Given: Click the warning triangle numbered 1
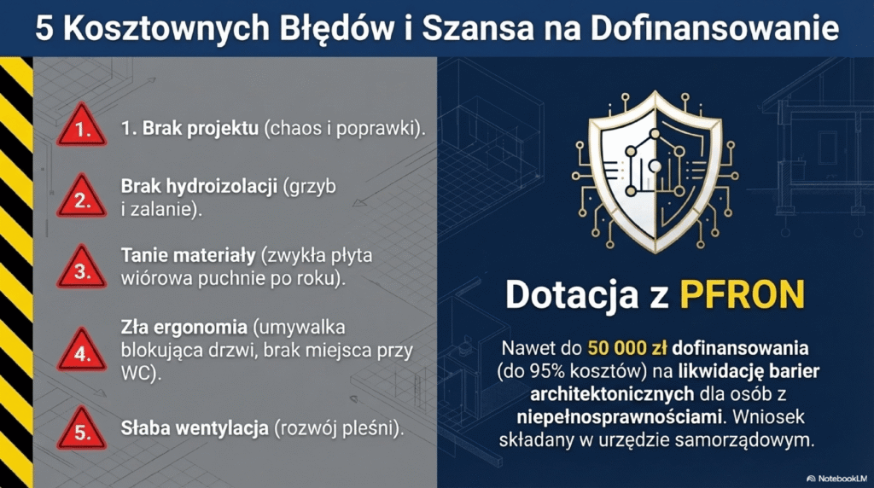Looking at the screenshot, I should click(82, 128).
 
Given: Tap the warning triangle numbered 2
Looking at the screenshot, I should click(82, 198).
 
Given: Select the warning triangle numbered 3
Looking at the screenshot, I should click(82, 269).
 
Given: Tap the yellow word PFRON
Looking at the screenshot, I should click(742, 294).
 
